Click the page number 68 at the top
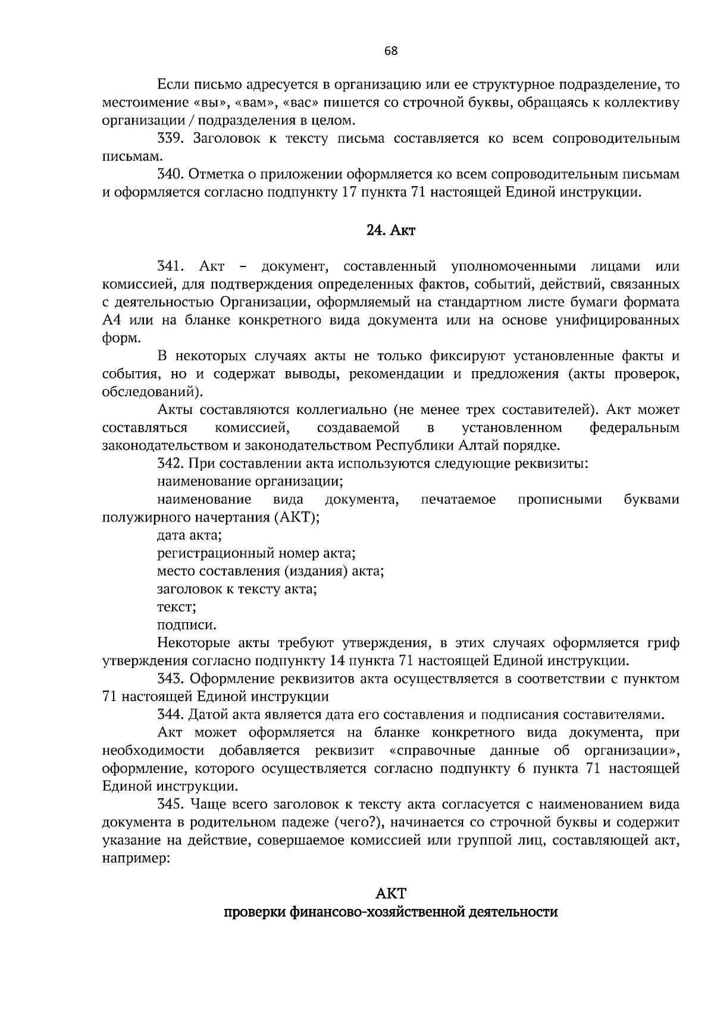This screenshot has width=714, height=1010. pos(391,51)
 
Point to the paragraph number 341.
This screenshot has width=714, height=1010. pos(172,266)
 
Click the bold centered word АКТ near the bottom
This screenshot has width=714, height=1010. pos(391,893)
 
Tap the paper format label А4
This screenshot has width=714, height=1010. pos(112,320)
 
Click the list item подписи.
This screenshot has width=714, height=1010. pos(187,625)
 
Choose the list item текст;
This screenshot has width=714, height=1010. pos(177,607)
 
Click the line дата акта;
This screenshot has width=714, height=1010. pos(189,535)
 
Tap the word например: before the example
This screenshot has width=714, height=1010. pos(136,859)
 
